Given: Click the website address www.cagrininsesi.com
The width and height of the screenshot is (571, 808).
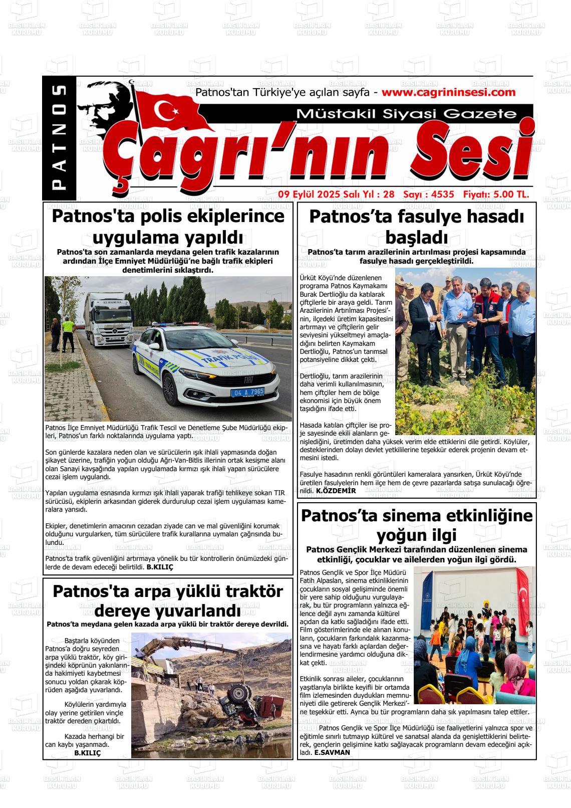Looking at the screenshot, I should (448, 92).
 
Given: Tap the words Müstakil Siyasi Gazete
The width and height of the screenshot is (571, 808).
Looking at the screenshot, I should (406, 114).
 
